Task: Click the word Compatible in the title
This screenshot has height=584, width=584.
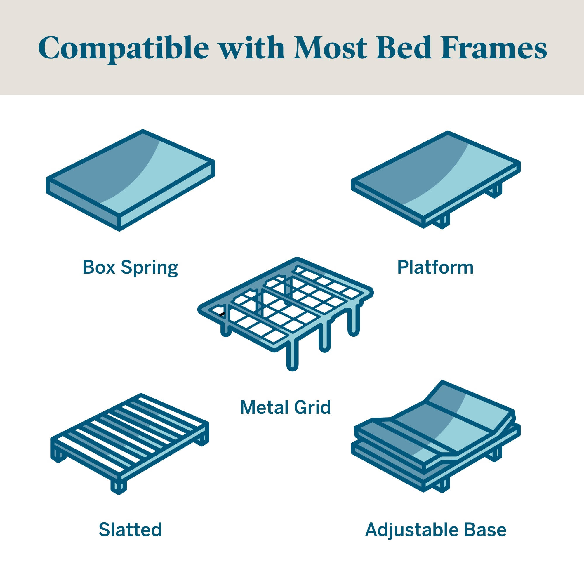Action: click(124, 48)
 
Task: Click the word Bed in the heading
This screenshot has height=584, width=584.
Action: click(404, 48)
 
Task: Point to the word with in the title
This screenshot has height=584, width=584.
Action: click(252, 48)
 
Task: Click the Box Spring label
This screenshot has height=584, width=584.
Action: click(130, 268)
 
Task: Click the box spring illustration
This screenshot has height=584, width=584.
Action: click(131, 180)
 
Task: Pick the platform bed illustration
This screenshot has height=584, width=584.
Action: click(436, 180)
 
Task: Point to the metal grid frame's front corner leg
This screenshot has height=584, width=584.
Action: click(292, 355)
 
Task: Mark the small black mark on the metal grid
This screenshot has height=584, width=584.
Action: click(222, 314)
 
